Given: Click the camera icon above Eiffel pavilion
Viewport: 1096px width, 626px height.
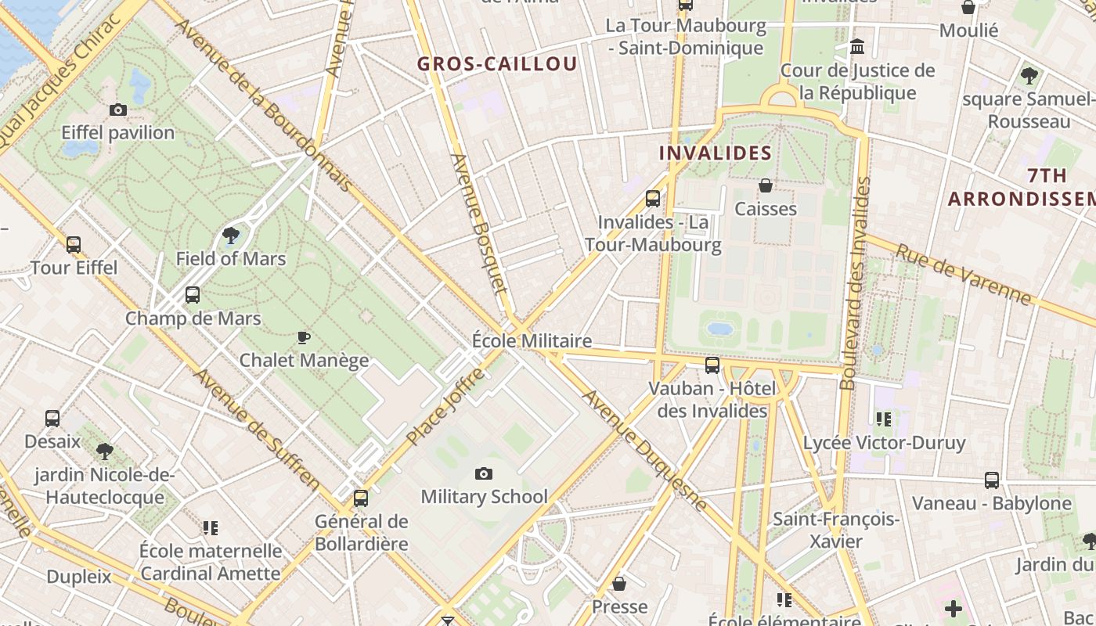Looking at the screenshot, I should click(118, 110).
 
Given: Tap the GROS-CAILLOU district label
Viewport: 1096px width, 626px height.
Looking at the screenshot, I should click(497, 64).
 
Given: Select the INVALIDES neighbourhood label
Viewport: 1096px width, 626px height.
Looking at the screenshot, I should click(716, 153).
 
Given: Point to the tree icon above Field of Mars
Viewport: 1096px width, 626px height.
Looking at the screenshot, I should click(231, 235).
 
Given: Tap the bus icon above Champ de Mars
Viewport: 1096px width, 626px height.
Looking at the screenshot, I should click(193, 295).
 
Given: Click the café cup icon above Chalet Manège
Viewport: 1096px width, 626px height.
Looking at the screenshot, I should click(304, 337).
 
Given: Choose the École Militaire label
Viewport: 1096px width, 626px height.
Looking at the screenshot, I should click(532, 341).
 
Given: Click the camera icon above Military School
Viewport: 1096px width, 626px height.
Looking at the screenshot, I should click(484, 473).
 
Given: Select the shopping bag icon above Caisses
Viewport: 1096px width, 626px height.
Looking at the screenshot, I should click(766, 185).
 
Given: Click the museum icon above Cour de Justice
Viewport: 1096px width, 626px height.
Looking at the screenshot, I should click(857, 47).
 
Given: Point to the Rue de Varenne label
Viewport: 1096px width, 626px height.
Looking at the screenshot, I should click(964, 274).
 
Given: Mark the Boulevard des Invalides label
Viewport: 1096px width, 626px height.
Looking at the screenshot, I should click(855, 283).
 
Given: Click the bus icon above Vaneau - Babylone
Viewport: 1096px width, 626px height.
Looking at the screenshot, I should click(992, 480).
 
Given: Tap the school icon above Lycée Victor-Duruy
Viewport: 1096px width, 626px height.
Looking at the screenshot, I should click(884, 419).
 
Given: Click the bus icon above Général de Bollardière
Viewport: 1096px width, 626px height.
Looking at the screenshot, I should click(361, 498).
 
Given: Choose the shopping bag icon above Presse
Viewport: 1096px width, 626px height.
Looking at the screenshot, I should click(619, 584).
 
